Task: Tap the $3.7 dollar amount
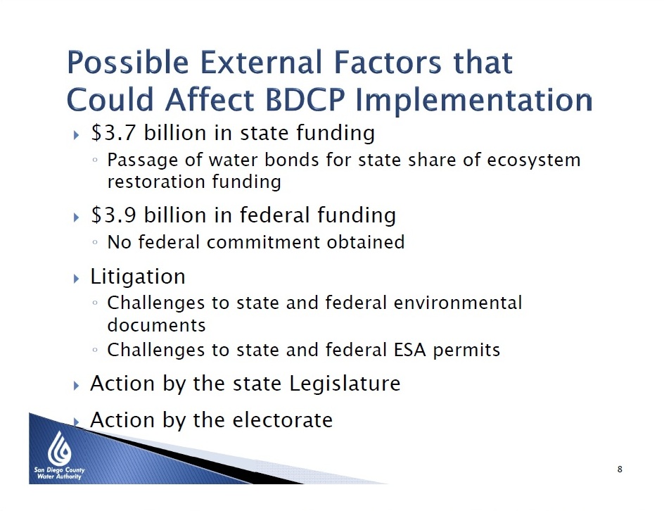(x=113, y=133)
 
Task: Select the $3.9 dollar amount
(x=113, y=215)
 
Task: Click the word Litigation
(x=138, y=277)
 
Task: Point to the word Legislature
(x=345, y=384)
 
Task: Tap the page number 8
(x=620, y=469)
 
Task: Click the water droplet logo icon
(x=59, y=448)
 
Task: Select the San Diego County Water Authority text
(x=59, y=473)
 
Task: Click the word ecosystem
(x=534, y=160)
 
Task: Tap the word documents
(x=156, y=325)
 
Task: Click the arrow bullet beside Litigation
(x=76, y=279)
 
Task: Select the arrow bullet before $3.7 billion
(x=76, y=135)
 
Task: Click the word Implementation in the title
(x=473, y=101)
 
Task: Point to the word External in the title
(x=260, y=62)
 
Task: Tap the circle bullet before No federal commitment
(x=95, y=243)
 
